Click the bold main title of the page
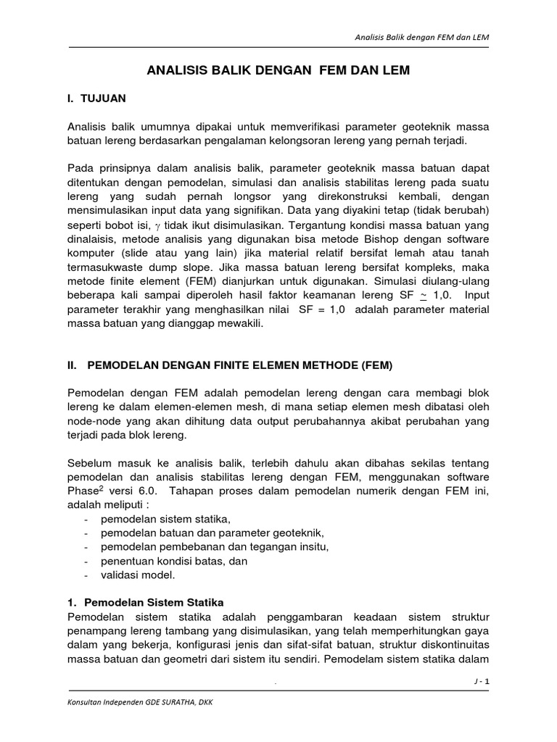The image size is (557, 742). coord(278,70)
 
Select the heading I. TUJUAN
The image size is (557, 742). coord(96,96)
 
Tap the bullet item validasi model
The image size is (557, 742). coord(139,575)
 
